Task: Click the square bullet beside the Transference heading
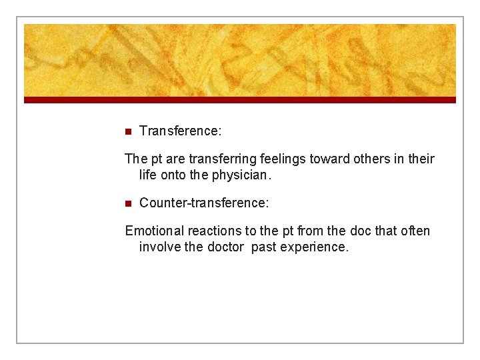point(129,131)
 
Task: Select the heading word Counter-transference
point(203,203)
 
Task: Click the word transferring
point(219,159)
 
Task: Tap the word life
point(148,175)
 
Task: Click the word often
point(415,231)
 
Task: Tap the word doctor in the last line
point(225,247)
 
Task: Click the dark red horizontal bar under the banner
point(240,100)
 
